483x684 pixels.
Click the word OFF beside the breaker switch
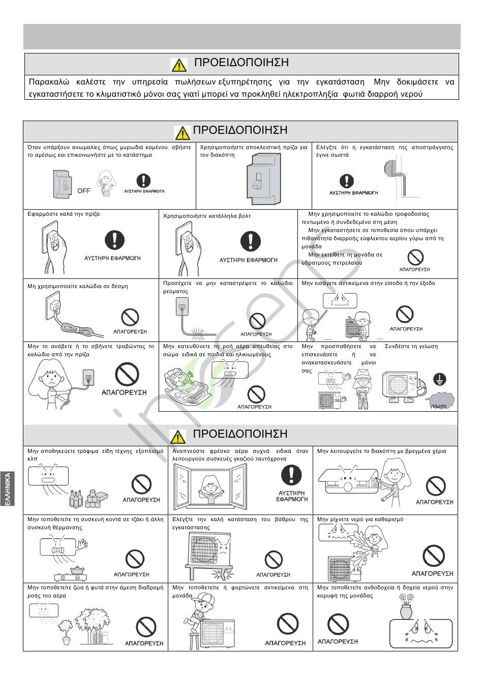pos(84,191)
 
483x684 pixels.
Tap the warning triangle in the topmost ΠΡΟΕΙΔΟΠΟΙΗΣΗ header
pos(179,65)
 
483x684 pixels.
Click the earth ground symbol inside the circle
pos(440,379)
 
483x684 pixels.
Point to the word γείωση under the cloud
pos(438,406)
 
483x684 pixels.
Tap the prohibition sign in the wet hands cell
pos(435,486)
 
